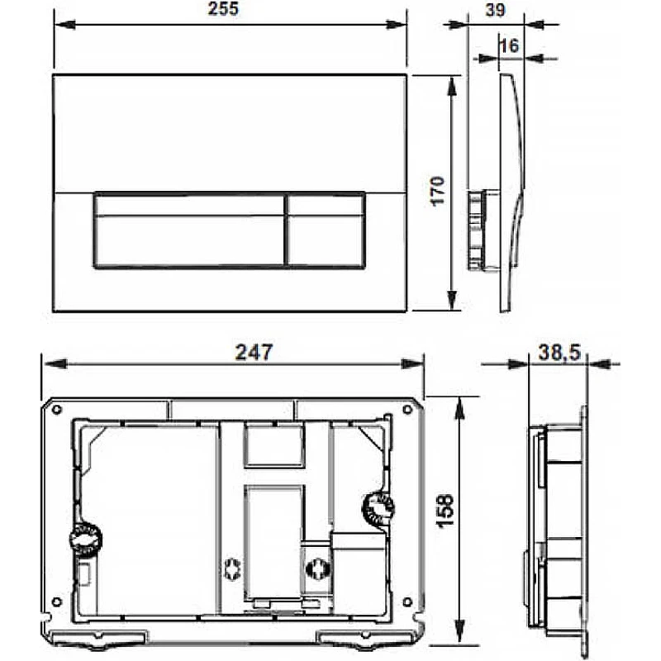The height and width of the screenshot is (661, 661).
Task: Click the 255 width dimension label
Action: click(x=223, y=9)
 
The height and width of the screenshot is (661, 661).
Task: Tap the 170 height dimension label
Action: click(x=437, y=191)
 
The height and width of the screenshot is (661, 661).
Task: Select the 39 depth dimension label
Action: click(x=495, y=10)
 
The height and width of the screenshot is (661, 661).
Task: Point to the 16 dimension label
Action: click(x=509, y=45)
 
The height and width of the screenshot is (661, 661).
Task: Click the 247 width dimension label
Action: click(x=254, y=352)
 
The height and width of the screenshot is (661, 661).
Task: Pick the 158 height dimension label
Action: click(x=445, y=511)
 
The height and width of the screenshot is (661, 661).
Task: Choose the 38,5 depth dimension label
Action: click(x=559, y=353)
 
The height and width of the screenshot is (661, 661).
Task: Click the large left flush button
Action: click(x=189, y=231)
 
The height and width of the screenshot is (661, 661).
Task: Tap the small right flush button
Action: click(x=326, y=231)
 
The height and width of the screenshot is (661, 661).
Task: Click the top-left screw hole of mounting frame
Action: click(x=56, y=409)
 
